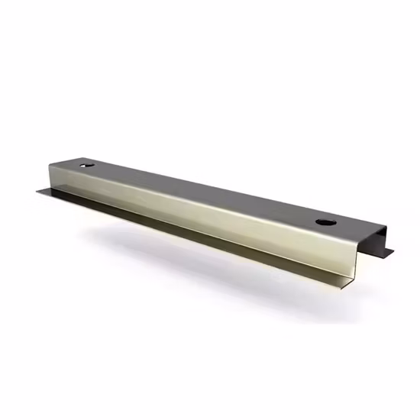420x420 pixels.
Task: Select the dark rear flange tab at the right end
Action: click(387, 251)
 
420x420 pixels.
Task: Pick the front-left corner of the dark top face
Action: click(53, 161)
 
